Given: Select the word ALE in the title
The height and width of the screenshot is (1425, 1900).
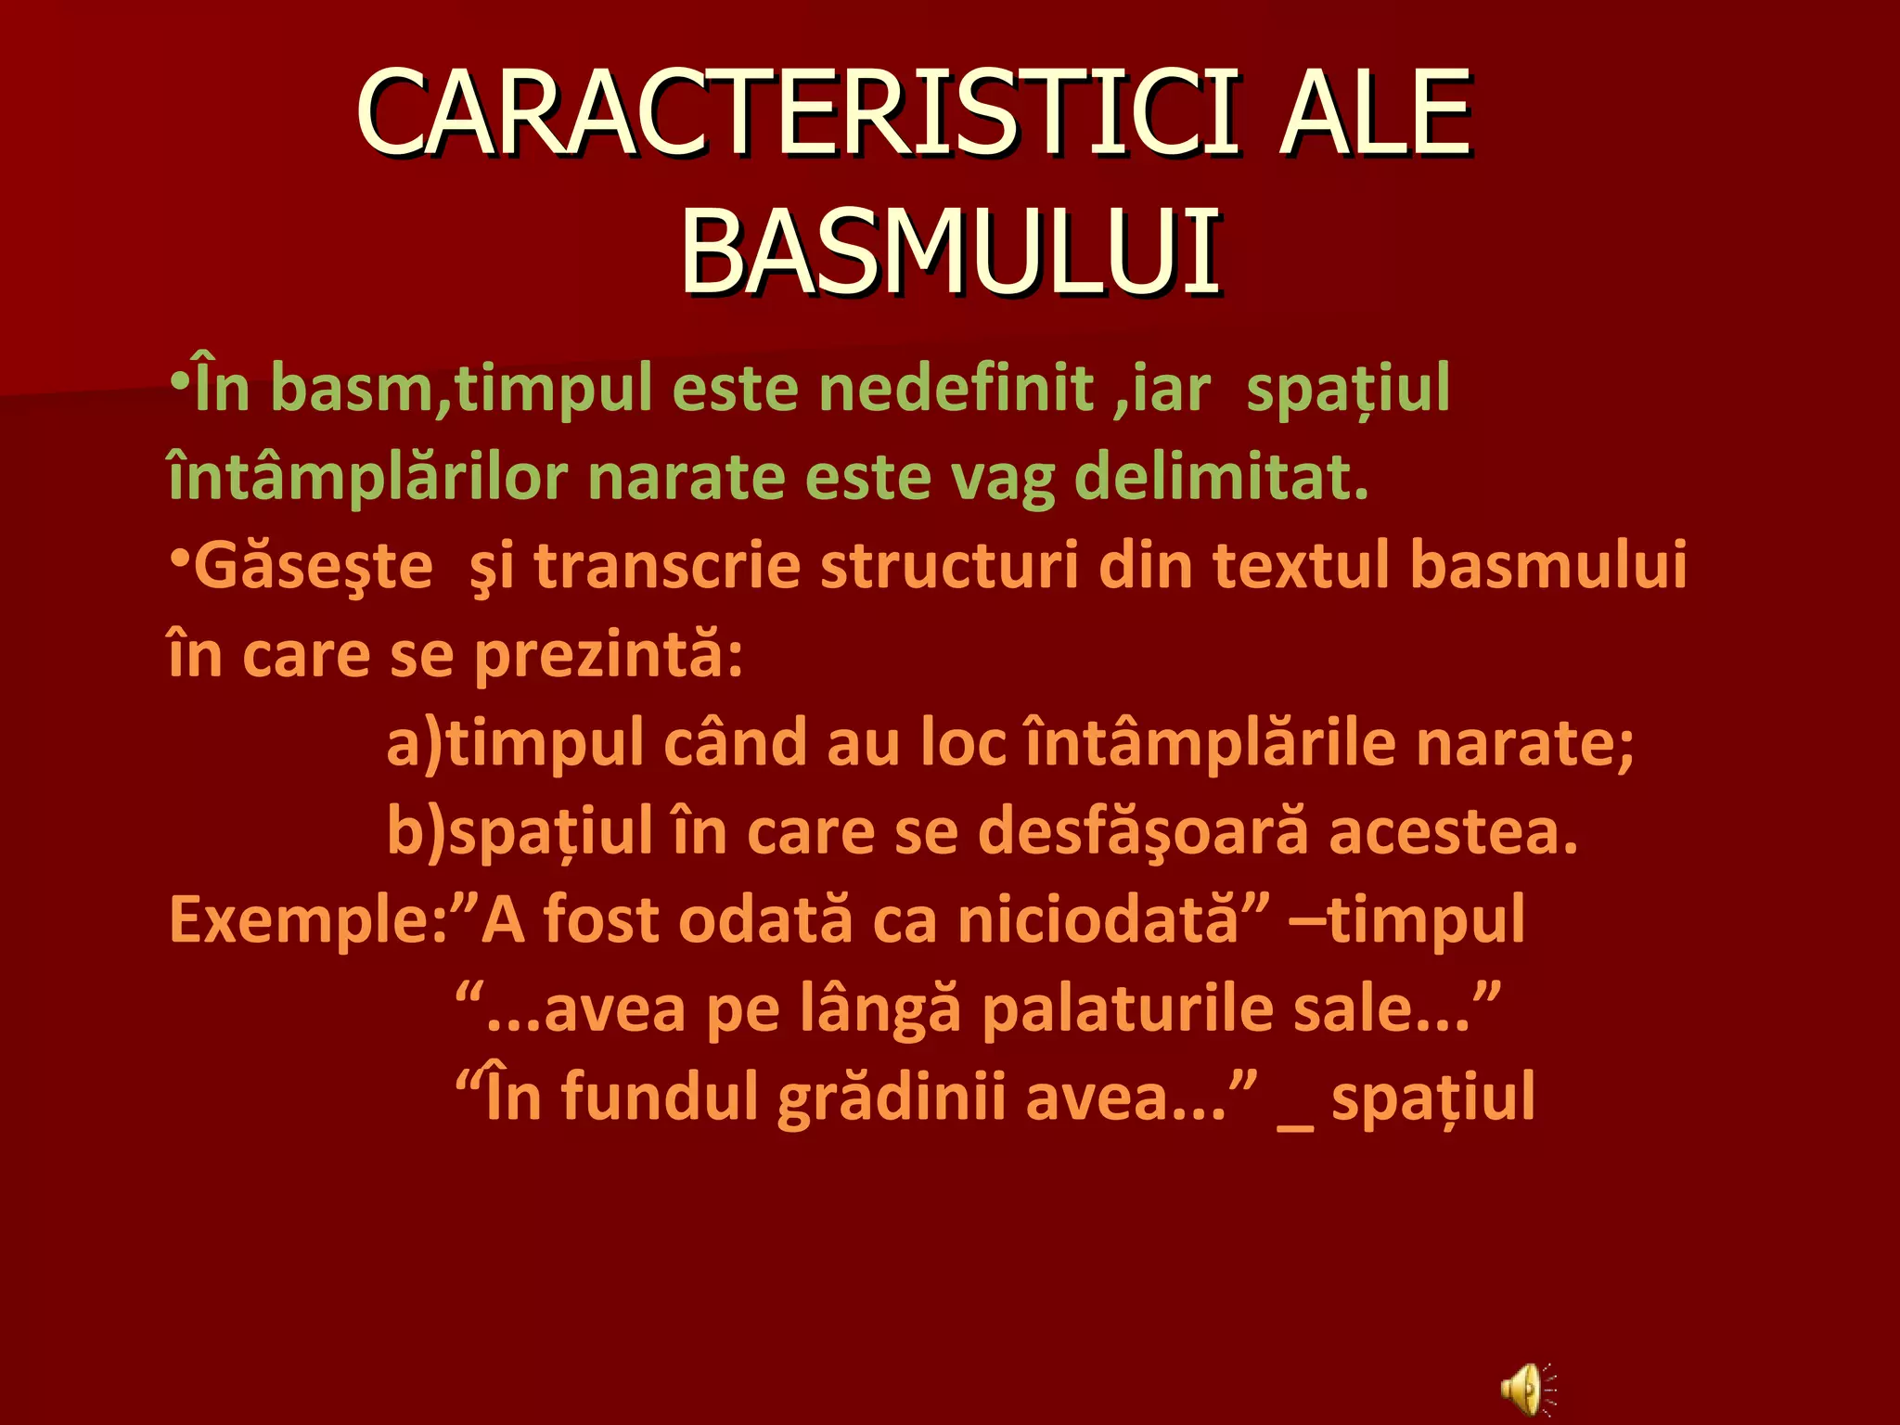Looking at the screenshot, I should (x=1375, y=113).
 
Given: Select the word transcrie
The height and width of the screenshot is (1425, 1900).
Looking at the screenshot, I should (x=667, y=566).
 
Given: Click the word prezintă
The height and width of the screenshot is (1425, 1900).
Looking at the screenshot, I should (x=608, y=655).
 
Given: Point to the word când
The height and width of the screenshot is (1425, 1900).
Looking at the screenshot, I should (x=735, y=743).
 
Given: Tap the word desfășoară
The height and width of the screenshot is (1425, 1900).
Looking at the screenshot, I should (x=1143, y=831).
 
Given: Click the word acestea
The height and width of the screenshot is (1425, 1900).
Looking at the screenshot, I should (x=1453, y=831).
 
